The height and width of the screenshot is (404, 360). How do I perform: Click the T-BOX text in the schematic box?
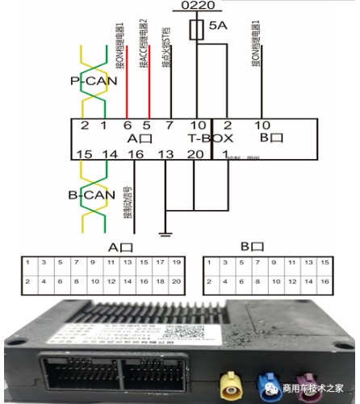(211, 139)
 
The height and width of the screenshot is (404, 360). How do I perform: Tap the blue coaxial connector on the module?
(266, 381)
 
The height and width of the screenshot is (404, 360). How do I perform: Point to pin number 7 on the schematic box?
(169, 125)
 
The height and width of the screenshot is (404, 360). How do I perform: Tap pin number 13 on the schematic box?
(165, 154)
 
